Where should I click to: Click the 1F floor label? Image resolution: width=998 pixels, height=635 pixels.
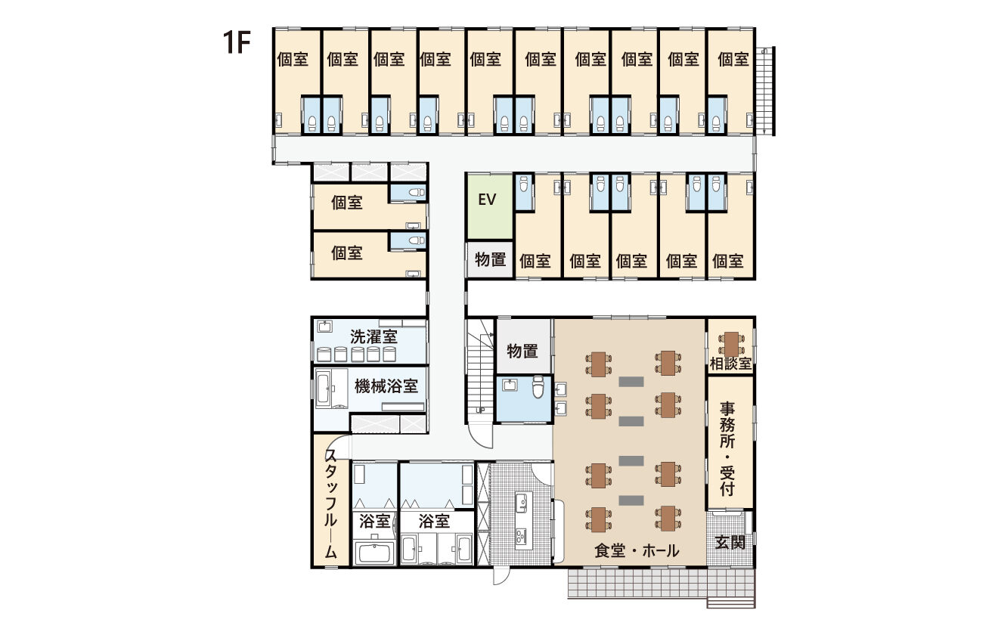pyautogui.click(x=237, y=42)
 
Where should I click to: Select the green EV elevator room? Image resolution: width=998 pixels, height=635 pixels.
pyautogui.click(x=490, y=206)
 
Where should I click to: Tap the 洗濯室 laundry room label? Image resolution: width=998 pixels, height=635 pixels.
pyautogui.click(x=373, y=337)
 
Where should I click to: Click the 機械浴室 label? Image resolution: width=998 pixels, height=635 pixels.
pyautogui.click(x=386, y=386)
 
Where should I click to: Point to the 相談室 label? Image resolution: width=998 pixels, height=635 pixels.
pyautogui.click(x=730, y=364)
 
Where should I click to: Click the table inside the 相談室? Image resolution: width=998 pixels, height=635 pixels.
pyautogui.click(x=731, y=344)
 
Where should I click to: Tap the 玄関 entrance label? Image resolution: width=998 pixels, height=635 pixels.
pyautogui.click(x=730, y=542)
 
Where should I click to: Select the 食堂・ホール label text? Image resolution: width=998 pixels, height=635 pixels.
pyautogui.click(x=637, y=551)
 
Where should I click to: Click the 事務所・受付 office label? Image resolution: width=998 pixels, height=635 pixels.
pyautogui.click(x=727, y=449)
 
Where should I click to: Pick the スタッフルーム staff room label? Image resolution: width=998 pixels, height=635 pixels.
pyautogui.click(x=330, y=503)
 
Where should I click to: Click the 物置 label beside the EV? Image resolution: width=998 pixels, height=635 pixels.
pyautogui.click(x=490, y=259)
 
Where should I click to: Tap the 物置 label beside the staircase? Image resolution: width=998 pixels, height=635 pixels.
pyautogui.click(x=522, y=352)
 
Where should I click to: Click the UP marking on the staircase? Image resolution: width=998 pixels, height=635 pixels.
pyautogui.click(x=480, y=410)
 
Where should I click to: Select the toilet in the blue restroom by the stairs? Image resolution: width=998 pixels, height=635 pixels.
pyautogui.click(x=538, y=387)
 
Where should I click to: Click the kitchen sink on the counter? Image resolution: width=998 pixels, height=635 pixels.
pyautogui.click(x=521, y=503)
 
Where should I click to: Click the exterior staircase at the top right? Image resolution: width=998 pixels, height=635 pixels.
pyautogui.click(x=766, y=91)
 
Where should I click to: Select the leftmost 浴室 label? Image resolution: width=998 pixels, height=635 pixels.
pyautogui.click(x=374, y=521)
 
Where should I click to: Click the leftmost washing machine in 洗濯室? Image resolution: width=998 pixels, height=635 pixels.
pyautogui.click(x=324, y=355)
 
